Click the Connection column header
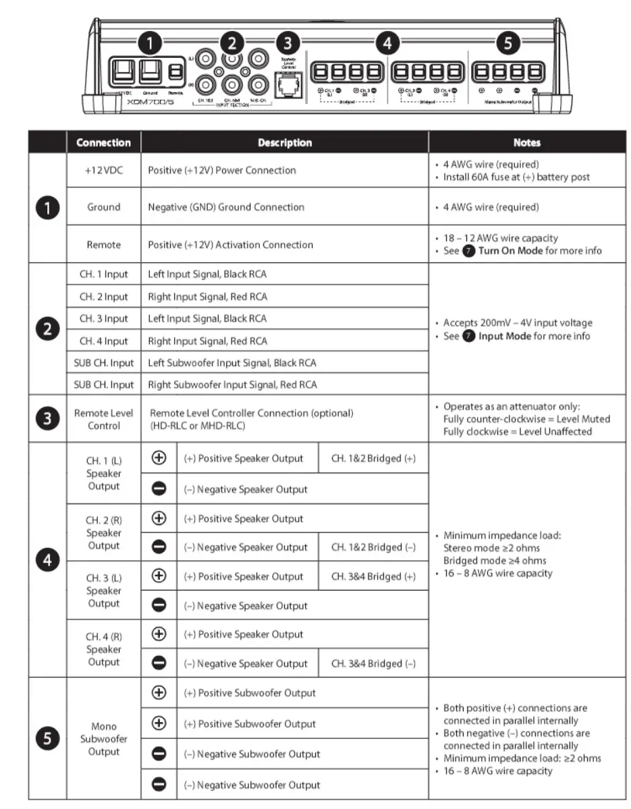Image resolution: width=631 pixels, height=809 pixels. (x=103, y=143)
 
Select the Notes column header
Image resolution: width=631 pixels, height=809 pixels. (x=526, y=143)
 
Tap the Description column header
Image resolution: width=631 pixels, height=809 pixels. (x=284, y=143)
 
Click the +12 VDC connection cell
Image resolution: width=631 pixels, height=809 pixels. (x=103, y=170)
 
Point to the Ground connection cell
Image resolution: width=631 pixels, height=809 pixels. (x=103, y=207)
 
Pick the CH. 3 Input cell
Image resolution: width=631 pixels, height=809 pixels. (x=103, y=318)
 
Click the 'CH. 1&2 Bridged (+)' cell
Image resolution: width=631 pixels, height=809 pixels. (x=373, y=458)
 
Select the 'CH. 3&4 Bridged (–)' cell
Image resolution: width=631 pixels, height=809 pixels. (x=373, y=663)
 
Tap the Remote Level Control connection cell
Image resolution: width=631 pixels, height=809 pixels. (x=103, y=419)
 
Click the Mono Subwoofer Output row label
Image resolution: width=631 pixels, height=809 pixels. (x=103, y=739)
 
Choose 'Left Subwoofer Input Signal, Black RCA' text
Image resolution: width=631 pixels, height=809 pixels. (x=232, y=363)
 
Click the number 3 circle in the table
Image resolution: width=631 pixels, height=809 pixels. (x=47, y=419)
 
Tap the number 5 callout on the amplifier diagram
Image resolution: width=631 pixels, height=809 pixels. (x=507, y=44)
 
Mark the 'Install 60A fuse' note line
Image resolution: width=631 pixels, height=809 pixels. (x=516, y=177)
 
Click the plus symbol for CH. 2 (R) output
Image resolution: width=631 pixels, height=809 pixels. (x=159, y=518)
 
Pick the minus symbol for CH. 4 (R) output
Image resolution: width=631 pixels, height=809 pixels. (x=159, y=663)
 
